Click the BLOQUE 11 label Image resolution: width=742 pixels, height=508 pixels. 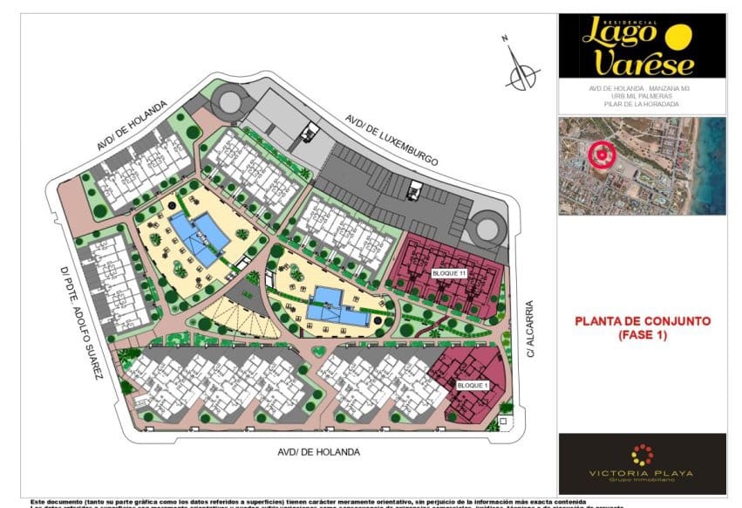(x=450, y=274)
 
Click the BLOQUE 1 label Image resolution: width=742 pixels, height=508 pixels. (x=473, y=385)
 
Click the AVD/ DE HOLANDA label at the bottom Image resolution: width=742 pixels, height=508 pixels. (x=318, y=452)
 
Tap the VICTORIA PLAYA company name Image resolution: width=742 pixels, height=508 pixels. (x=642, y=473)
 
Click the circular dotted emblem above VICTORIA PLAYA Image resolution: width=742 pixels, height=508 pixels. (x=642, y=454)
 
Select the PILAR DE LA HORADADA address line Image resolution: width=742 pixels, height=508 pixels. (x=641, y=105)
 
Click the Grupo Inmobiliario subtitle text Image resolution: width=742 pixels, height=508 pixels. (x=642, y=481)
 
